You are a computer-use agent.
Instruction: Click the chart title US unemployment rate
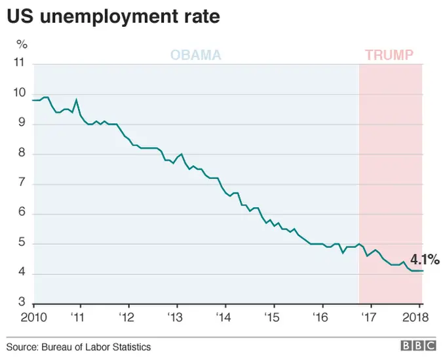point(113,17)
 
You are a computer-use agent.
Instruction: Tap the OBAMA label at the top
point(196,55)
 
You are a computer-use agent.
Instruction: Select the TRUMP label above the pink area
point(389,55)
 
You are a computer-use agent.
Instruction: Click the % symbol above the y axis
point(22,44)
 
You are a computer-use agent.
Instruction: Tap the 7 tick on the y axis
point(22,184)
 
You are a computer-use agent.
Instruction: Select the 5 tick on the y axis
point(22,244)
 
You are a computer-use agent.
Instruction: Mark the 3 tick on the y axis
point(22,304)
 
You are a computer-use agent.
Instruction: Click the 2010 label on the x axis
point(32,317)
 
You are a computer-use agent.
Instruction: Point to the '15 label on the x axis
point(273,317)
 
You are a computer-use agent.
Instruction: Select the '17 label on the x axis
point(370,317)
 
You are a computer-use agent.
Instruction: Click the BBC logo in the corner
point(417,347)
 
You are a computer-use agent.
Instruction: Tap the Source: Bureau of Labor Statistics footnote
point(79,347)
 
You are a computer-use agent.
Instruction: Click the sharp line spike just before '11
point(77,100)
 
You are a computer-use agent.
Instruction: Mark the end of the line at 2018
point(423,271)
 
